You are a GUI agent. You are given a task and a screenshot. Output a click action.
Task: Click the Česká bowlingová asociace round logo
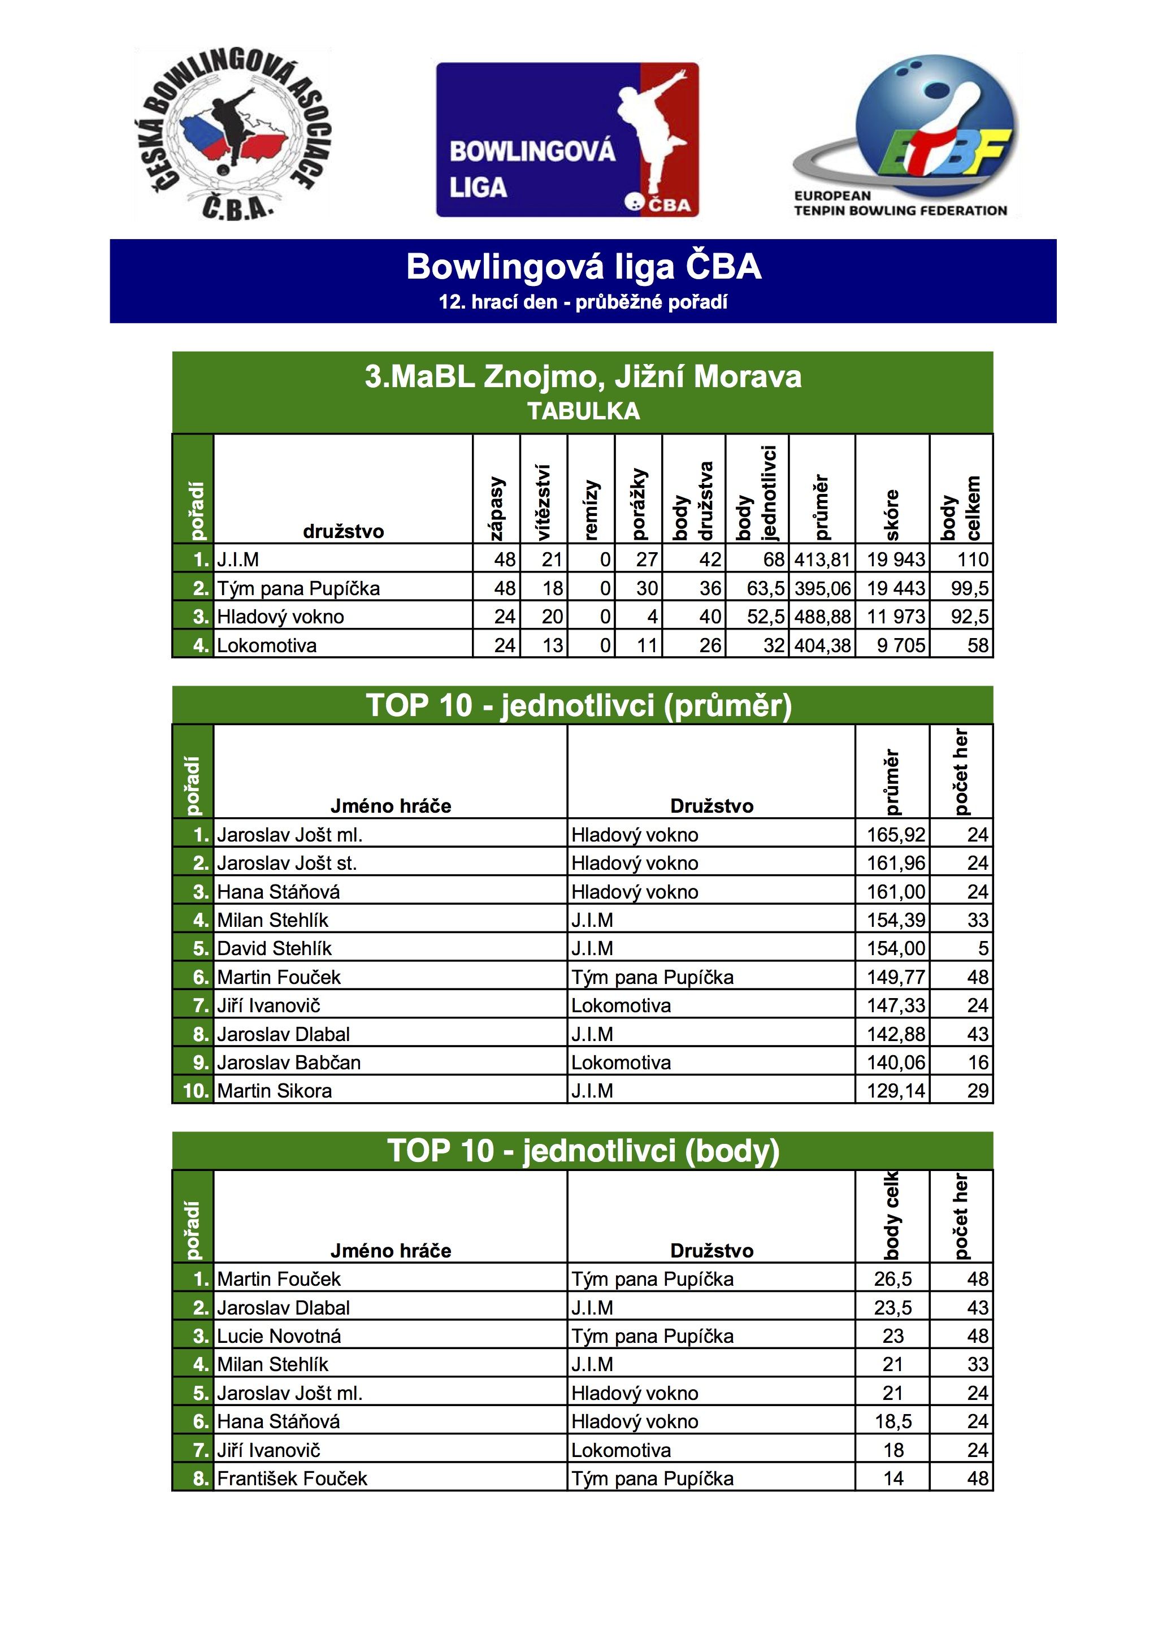click(x=233, y=134)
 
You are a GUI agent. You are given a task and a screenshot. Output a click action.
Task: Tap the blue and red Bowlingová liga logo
click(x=567, y=140)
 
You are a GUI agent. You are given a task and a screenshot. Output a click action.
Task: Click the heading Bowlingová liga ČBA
click(x=583, y=267)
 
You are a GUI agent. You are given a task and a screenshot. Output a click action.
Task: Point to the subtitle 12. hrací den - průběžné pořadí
click(x=583, y=302)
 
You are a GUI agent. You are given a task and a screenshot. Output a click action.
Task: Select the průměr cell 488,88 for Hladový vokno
click(x=822, y=617)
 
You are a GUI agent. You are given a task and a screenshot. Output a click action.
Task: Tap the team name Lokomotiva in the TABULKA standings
click(x=267, y=645)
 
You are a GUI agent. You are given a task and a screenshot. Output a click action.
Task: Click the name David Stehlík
click(x=274, y=948)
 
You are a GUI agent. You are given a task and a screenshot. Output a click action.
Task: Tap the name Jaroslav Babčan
click(x=289, y=1062)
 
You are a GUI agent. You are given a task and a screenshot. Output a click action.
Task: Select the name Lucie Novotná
click(x=279, y=1336)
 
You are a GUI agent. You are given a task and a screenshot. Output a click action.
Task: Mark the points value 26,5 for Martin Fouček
click(x=893, y=1280)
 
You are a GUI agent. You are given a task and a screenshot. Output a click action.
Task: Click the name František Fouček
click(x=292, y=1478)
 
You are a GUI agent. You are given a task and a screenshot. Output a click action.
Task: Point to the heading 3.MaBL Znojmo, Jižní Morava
click(x=583, y=377)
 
